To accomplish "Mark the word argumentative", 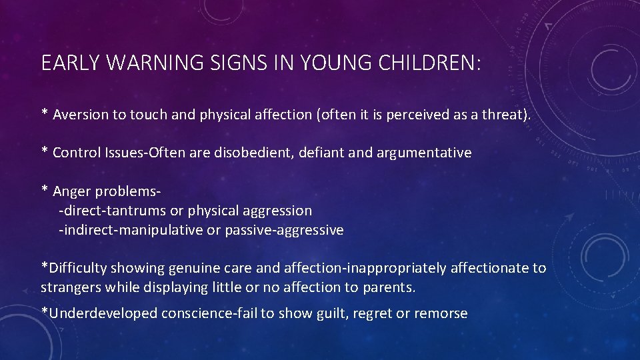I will point(417,153).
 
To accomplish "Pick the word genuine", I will point(194,268).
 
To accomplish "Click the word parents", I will point(389,287).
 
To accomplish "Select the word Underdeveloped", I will point(102,313).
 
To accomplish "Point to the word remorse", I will point(441,313).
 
